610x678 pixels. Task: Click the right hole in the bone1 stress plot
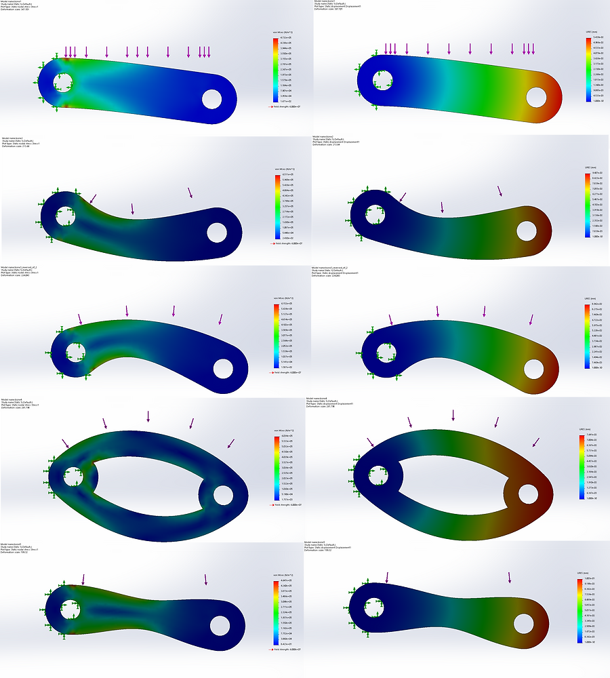pos(213,99)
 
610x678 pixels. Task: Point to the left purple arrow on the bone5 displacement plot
pos(387,578)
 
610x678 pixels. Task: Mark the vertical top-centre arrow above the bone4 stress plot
pos(148,416)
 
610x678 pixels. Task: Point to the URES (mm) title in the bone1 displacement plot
pos(590,32)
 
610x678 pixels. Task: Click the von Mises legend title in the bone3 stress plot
pos(281,298)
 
